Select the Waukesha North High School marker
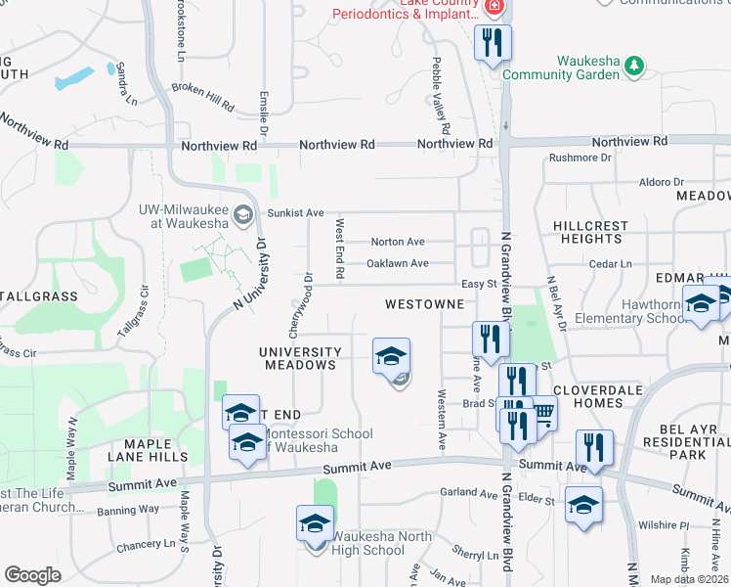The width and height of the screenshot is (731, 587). pyautogui.click(x=315, y=524)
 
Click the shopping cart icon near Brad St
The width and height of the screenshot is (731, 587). pyautogui.click(x=544, y=415)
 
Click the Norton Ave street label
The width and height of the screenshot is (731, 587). pyautogui.click(x=397, y=242)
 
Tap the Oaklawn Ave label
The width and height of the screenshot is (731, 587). pyautogui.click(x=397, y=263)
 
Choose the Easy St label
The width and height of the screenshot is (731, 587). pyautogui.click(x=480, y=285)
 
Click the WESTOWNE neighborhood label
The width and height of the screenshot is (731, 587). pyautogui.click(x=423, y=304)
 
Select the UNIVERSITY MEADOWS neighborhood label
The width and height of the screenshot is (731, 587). pyautogui.click(x=300, y=358)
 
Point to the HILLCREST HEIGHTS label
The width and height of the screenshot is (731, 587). pyautogui.click(x=590, y=232)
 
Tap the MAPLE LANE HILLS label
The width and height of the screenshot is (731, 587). pyautogui.click(x=155, y=450)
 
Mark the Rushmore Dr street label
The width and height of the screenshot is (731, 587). pyautogui.click(x=580, y=157)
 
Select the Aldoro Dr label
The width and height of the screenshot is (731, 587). pyautogui.click(x=662, y=182)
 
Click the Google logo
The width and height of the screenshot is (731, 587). pyautogui.click(x=32, y=575)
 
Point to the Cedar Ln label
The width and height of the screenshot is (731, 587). pyautogui.click(x=613, y=264)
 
